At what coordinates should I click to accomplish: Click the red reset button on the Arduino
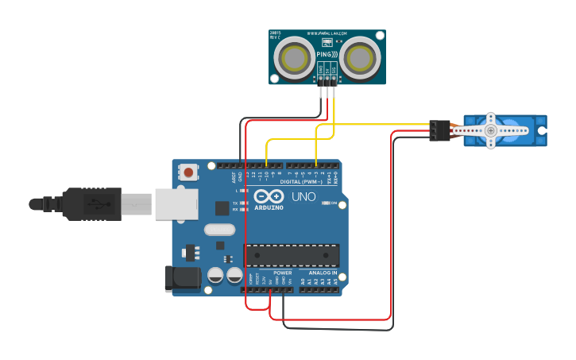coord(188,172)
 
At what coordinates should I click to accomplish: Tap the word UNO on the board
coord(303,196)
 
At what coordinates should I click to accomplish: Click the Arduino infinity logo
coord(269,196)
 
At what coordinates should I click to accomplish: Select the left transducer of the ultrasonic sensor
coord(292,57)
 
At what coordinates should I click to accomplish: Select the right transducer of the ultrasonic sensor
coord(361,57)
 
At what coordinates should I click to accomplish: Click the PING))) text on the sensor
coord(327,54)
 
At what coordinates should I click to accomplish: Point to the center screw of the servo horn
coord(491,130)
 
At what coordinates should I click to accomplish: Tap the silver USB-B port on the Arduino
coord(176,203)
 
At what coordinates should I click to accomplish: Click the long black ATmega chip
coord(292,255)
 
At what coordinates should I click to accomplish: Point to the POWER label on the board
coord(282,273)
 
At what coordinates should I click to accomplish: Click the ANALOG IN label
coord(322,273)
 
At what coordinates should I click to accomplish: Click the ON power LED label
coord(334,203)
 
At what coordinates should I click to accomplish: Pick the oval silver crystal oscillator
coord(219,230)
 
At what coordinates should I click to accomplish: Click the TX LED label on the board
coord(236,203)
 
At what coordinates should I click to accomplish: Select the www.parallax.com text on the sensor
coord(327,34)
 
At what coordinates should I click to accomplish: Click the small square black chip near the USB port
coord(222,208)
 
